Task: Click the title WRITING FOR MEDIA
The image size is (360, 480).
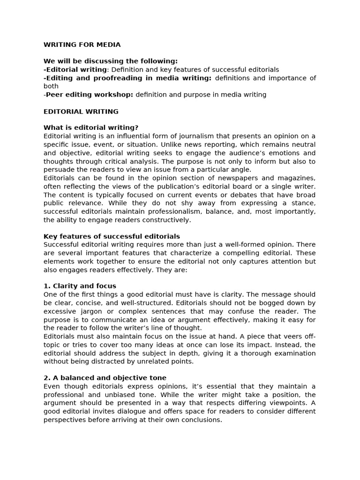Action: point(82,45)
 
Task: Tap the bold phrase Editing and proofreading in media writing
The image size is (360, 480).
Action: point(128,78)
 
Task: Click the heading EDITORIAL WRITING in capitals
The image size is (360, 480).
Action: point(81,112)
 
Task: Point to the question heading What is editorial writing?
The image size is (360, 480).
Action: point(91,127)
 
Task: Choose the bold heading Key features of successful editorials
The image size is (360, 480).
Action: point(112,236)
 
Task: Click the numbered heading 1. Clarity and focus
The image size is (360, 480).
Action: point(80,286)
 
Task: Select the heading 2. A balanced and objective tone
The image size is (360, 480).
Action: point(105,378)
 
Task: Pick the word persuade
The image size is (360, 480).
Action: point(58,170)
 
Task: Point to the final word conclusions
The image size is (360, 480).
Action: point(201,420)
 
